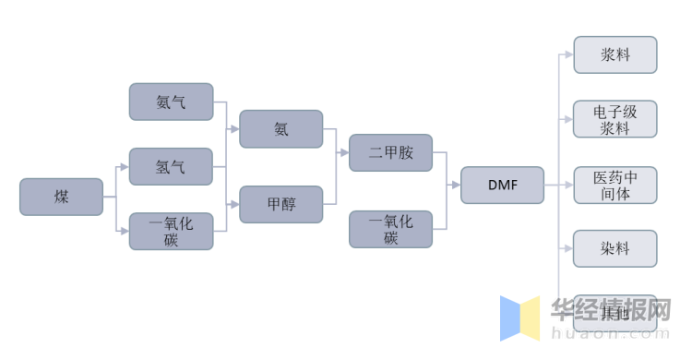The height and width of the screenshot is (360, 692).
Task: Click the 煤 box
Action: tap(61, 197)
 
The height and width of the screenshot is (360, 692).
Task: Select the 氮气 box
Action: tap(171, 102)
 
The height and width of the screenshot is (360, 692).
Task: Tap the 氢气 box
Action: tap(171, 166)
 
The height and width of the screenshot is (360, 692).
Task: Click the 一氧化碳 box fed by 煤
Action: tap(171, 231)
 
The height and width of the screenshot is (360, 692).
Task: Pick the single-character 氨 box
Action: tap(281, 129)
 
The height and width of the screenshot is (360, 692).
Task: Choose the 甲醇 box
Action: tap(281, 204)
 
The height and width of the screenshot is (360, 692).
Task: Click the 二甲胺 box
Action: tap(390, 152)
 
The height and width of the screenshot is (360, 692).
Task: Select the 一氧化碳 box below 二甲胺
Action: tap(390, 229)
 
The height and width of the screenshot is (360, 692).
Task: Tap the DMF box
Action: tap(502, 186)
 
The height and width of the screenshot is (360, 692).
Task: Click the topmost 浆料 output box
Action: tap(614, 54)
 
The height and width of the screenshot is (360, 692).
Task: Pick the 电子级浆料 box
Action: tap(614, 119)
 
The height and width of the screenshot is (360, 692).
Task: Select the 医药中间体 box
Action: tap(614, 185)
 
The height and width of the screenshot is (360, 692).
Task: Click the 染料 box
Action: tap(614, 249)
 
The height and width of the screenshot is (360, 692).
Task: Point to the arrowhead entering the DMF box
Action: tap(457, 186)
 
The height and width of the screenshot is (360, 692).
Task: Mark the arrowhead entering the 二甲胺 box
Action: tap(345, 152)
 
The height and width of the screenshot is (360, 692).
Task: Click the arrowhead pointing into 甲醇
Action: tap(235, 204)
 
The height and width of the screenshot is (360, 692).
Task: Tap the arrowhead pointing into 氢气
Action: tap(125, 166)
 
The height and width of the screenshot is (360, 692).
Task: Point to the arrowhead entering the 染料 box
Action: tap(569, 249)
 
